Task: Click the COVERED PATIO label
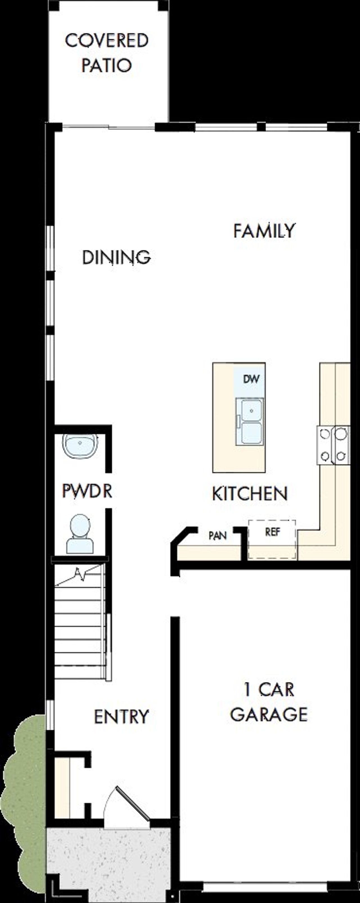coord(106,53)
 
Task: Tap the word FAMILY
coord(264,231)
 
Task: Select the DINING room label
coord(116,258)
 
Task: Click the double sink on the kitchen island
coord(249,421)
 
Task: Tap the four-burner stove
coord(333,445)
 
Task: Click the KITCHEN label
coord(249,494)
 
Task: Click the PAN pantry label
coord(217,536)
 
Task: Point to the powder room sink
coord(80,446)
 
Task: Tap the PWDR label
coord(87,491)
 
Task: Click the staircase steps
coord(80,624)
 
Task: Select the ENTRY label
coord(121,717)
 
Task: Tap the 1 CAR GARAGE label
coord(269,703)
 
